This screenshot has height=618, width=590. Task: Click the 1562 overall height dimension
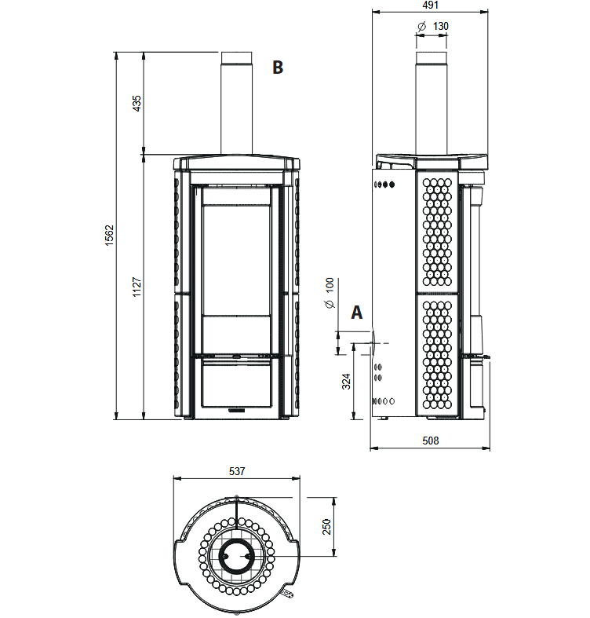pos(109,236)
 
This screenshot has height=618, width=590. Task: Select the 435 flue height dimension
pos(137,104)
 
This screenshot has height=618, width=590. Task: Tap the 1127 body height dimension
pos(137,287)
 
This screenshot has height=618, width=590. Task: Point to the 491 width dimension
pos(430,5)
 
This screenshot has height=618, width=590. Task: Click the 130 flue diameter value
pos(441,26)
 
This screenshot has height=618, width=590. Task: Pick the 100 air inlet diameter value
pos(330,285)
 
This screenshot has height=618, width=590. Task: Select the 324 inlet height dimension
pos(346,382)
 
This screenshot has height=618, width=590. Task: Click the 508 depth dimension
pos(430,441)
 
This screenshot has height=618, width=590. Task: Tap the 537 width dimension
pos(237,471)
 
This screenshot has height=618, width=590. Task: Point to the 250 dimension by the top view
pos(326,527)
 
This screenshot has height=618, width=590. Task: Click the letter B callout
pos(278,68)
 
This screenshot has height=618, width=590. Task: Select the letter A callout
pos(356,313)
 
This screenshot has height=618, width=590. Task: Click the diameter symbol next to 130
pos(421,27)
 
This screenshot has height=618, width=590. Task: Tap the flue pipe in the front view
pos(236,103)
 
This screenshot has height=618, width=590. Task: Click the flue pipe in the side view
pos(432,103)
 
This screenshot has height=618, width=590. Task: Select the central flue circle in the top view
pos(236,556)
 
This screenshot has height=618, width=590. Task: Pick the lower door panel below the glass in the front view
pos(236,385)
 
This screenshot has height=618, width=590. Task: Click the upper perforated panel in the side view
pos(437,232)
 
